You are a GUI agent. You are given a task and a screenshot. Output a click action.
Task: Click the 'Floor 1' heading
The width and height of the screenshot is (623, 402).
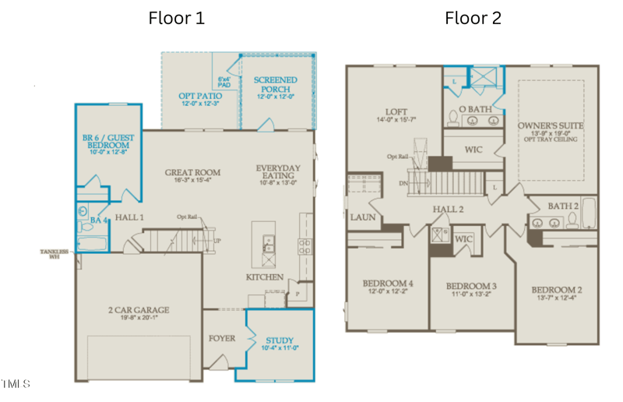tap(177, 18)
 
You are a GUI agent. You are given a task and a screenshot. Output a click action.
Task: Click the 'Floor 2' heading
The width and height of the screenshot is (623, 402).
tap(473, 18)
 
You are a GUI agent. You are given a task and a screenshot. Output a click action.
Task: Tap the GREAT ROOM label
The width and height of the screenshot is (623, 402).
tap(192, 172)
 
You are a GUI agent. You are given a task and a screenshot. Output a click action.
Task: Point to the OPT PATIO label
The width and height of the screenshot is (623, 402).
tap(200, 96)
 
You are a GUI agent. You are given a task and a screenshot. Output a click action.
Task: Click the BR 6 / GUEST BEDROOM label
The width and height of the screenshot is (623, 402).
tap(108, 142)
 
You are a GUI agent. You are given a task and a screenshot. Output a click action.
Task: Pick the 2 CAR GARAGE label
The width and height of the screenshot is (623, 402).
tap(138, 310)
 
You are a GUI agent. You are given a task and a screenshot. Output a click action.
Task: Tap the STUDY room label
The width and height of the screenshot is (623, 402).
tap(279, 340)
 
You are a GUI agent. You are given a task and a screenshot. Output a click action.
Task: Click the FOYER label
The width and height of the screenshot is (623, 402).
tap(222, 338)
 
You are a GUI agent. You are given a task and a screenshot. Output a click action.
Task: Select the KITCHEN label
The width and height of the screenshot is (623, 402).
tap(264, 277)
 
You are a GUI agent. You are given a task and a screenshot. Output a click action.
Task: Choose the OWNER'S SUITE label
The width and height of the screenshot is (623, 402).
tap(551, 125)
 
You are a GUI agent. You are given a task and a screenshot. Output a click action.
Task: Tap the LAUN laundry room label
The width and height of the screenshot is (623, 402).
tap(363, 217)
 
